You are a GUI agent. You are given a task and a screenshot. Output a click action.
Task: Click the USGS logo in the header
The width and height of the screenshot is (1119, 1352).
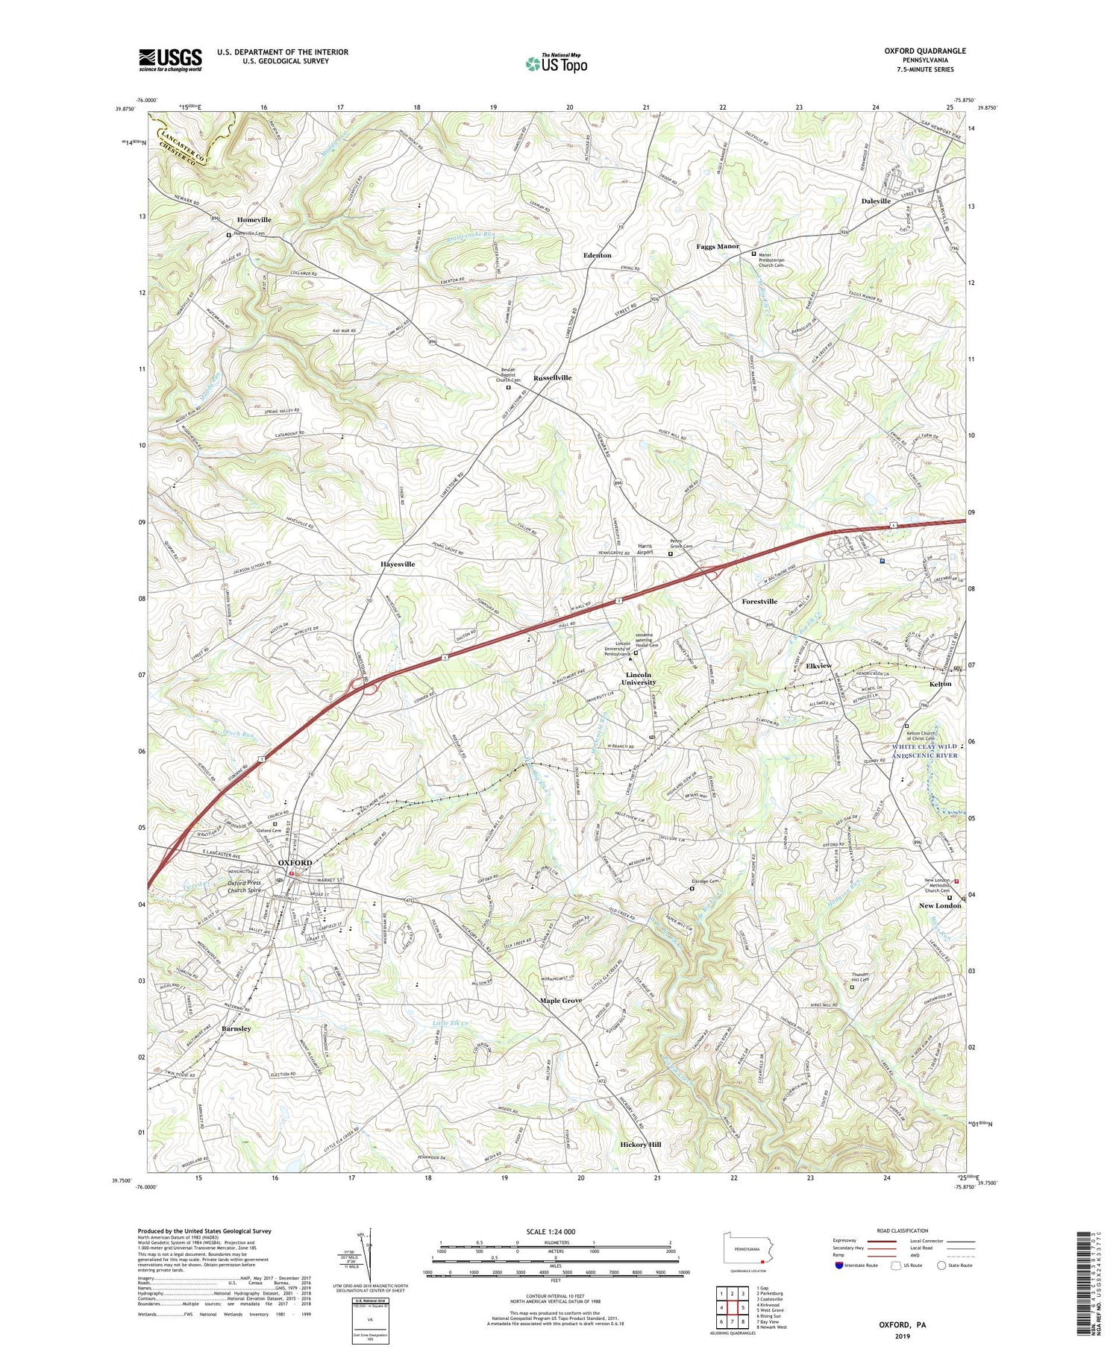[170, 60]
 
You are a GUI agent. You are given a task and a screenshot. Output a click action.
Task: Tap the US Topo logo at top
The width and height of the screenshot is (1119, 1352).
[557, 64]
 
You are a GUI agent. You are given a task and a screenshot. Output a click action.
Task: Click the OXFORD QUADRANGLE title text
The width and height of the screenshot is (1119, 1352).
[925, 51]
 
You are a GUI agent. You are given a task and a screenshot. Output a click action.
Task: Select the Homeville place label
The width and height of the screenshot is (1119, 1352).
[254, 220]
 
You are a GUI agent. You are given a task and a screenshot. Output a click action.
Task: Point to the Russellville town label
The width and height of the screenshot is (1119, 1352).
[552, 378]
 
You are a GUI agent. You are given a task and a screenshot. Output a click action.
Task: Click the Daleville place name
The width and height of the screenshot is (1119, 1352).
[876, 201]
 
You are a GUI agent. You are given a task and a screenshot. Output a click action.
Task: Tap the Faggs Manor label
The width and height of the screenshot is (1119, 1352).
[718, 246]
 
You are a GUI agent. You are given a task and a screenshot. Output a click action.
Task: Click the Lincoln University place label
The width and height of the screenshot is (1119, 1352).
[639, 679]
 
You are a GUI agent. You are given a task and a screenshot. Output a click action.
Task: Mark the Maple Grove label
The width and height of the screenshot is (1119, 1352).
[561, 1001]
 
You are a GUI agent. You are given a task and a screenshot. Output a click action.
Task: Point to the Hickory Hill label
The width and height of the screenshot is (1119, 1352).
[641, 1144]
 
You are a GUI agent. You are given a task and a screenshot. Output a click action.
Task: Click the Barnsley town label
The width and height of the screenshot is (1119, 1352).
[236, 1029]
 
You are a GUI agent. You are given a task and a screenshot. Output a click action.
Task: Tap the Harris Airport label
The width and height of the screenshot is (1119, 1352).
[645, 549]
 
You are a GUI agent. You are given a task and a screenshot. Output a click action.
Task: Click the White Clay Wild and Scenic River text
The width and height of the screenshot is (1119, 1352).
[925, 751]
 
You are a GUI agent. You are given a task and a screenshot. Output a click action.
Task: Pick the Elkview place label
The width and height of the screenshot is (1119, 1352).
[818, 666]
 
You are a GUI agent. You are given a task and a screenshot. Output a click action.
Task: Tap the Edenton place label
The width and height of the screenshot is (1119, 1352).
[597, 256]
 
